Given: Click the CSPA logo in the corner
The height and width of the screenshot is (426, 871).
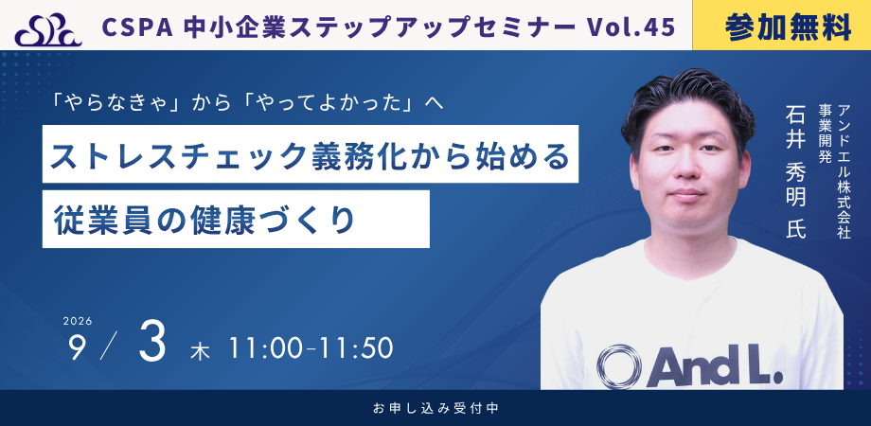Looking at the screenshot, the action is [x=48, y=30].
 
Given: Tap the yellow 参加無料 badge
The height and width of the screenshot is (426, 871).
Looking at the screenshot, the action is [x=782, y=26].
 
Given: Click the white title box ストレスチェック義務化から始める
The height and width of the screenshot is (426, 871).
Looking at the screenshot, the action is [x=311, y=154].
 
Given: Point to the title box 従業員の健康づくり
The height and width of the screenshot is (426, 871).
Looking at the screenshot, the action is [x=236, y=219].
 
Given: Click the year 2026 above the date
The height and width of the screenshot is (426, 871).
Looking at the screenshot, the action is [x=78, y=321].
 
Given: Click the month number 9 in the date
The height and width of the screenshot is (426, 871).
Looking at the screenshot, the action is [x=77, y=348].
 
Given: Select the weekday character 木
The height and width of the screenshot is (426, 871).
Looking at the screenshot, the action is [x=200, y=351].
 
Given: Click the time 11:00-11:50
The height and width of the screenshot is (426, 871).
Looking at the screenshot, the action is [x=311, y=348].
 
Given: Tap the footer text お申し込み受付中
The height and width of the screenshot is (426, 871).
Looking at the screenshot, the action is [x=435, y=408].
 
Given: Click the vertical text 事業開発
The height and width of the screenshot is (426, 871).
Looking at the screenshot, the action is [x=825, y=133].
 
